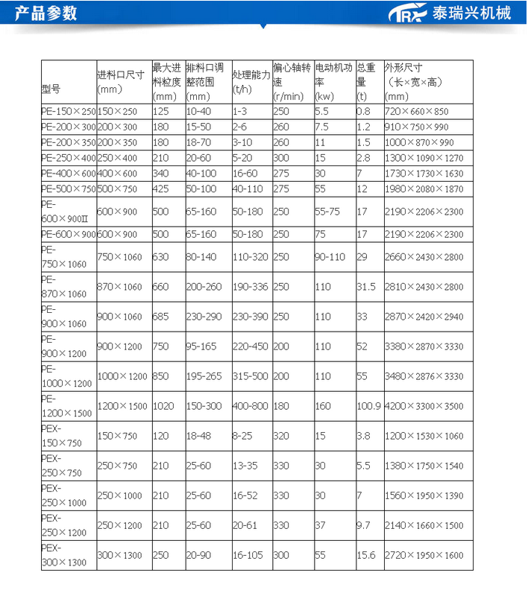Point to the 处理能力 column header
pyautogui.click(x=250, y=75)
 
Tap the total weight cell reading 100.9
pyautogui.click(x=368, y=406)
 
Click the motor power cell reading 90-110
pyautogui.click(x=330, y=257)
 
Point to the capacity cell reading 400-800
pyautogui.click(x=250, y=406)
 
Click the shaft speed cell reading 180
pyautogui.click(x=281, y=406)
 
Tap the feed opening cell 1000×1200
pyautogui.click(x=122, y=376)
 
